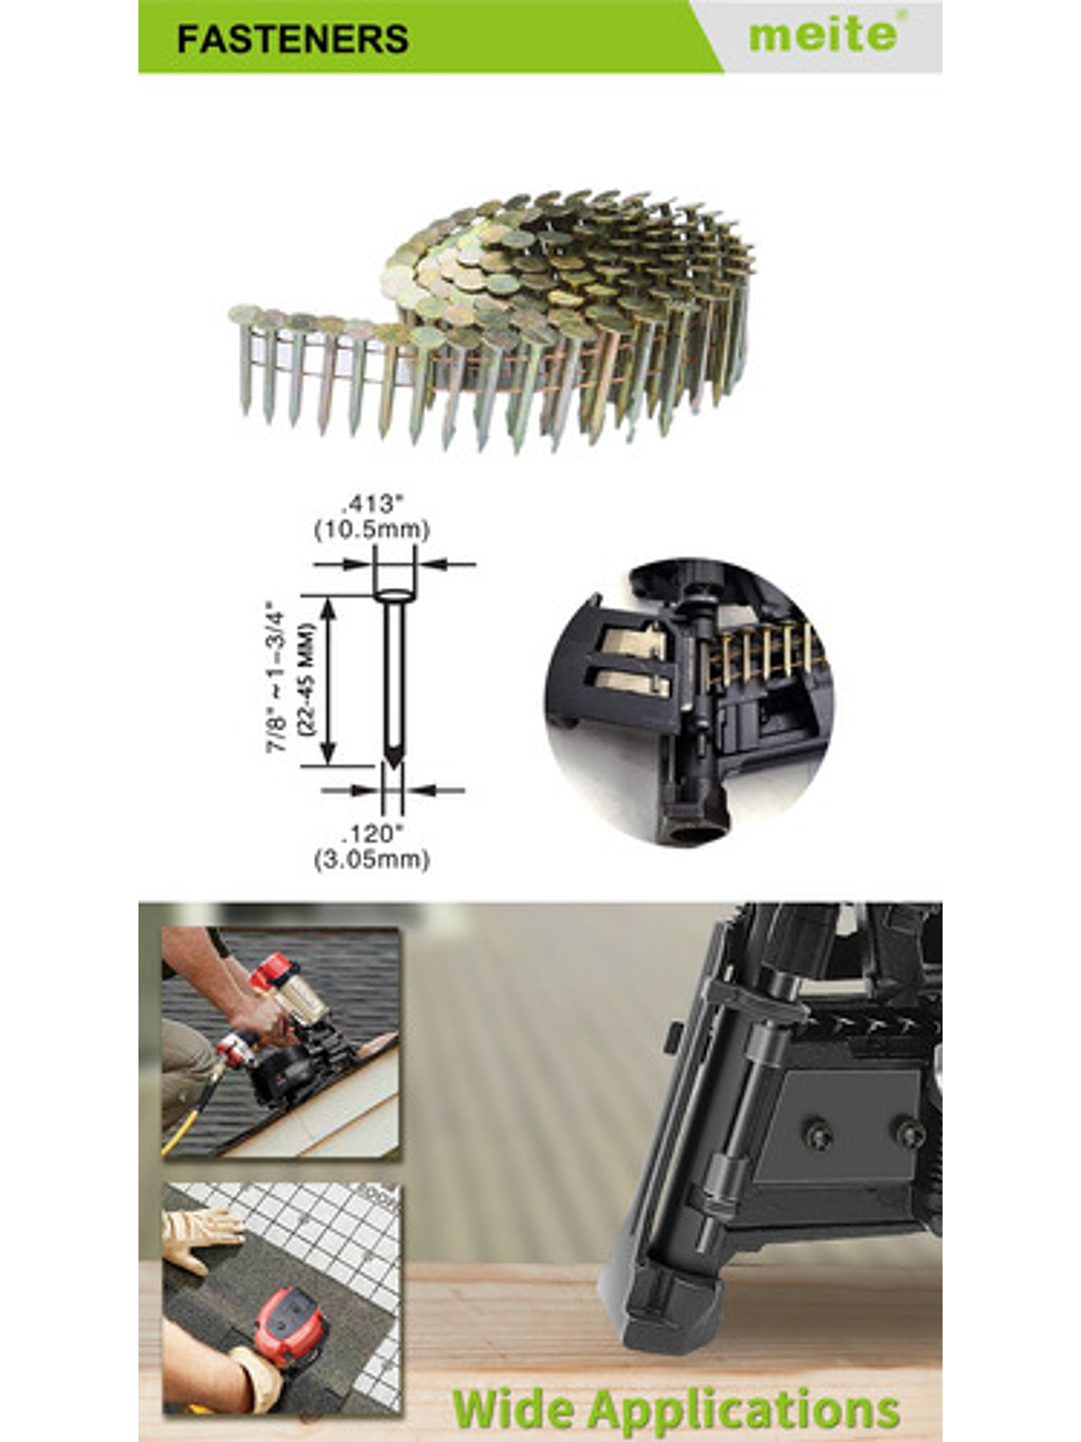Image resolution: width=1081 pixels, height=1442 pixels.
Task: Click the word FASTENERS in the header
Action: [293, 40]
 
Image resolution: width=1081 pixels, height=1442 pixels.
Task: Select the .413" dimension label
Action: [371, 505]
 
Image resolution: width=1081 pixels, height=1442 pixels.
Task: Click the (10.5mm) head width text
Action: [372, 529]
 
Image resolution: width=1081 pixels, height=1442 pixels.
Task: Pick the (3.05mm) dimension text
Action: [372, 860]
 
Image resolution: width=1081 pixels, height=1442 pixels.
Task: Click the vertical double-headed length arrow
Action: [329, 681]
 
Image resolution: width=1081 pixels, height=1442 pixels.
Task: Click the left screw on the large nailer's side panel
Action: [818, 1135]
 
